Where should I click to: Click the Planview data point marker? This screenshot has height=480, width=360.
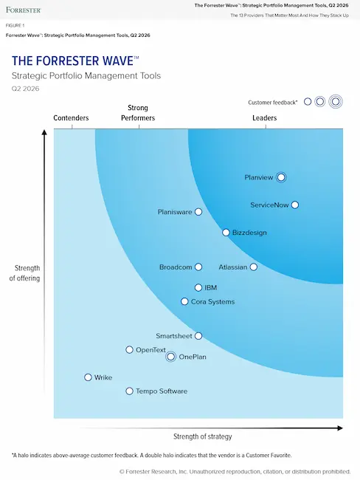pyautogui.click(x=281, y=177)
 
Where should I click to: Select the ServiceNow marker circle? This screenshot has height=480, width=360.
pyautogui.click(x=295, y=205)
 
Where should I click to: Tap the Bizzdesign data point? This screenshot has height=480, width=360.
pyautogui.click(x=226, y=233)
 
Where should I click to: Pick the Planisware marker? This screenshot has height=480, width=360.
pyautogui.click(x=198, y=212)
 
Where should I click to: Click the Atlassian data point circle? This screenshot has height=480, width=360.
pyautogui.click(x=254, y=267)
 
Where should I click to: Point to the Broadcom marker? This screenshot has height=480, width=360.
pyautogui.click(x=198, y=267)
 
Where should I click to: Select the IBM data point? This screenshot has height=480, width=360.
pyautogui.click(x=198, y=287)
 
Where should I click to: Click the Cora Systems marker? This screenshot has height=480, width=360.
pyautogui.click(x=185, y=301)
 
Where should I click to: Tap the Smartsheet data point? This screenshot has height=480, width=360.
pyautogui.click(x=198, y=336)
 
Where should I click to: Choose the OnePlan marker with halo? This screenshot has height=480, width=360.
pyautogui.click(x=171, y=357)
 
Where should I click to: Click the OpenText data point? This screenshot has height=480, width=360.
pyautogui.click(x=130, y=350)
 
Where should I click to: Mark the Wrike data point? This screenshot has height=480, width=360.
pyautogui.click(x=89, y=377)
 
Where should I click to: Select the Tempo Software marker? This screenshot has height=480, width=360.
pyautogui.click(x=130, y=391)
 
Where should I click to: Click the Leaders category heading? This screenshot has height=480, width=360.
pyautogui.click(x=265, y=118)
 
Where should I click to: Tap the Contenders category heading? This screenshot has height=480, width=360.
pyautogui.click(x=72, y=118)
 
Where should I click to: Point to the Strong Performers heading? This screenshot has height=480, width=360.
pyautogui.click(x=138, y=113)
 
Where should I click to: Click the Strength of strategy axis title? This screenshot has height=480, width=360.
pyautogui.click(x=203, y=436)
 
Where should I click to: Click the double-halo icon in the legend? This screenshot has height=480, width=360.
pyautogui.click(x=336, y=102)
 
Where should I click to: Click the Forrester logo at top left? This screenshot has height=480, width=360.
pyautogui.click(x=24, y=10)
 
